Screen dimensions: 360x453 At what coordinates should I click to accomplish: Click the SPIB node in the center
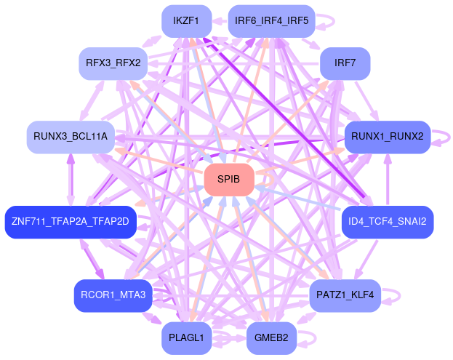pyautogui.click(x=229, y=179)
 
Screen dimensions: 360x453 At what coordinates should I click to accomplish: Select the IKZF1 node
pyautogui.click(x=186, y=20)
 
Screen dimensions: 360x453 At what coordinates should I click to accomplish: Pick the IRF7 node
pyautogui.click(x=345, y=63)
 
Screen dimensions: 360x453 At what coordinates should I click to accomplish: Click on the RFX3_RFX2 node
pyautogui.click(x=113, y=63)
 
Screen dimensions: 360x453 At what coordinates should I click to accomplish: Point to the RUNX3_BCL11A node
pyautogui.click(x=71, y=137)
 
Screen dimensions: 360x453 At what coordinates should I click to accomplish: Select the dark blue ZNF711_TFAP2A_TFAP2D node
pyautogui.click(x=70, y=222)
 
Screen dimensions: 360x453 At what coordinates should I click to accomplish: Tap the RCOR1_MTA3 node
pyautogui.click(x=113, y=295)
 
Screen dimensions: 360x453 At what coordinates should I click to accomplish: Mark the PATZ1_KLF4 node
pyautogui.click(x=345, y=295)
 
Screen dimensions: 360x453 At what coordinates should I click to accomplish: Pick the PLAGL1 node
pyautogui.click(x=186, y=337)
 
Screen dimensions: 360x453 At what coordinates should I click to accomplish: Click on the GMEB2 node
pyautogui.click(x=271, y=337)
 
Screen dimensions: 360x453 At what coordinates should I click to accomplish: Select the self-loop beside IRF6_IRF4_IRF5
pyautogui.click(x=324, y=20)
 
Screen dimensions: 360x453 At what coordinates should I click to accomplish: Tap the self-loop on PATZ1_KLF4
pyautogui.click(x=392, y=295)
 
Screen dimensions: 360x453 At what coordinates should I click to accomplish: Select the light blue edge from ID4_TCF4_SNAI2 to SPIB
pyautogui.click(x=305, y=199)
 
